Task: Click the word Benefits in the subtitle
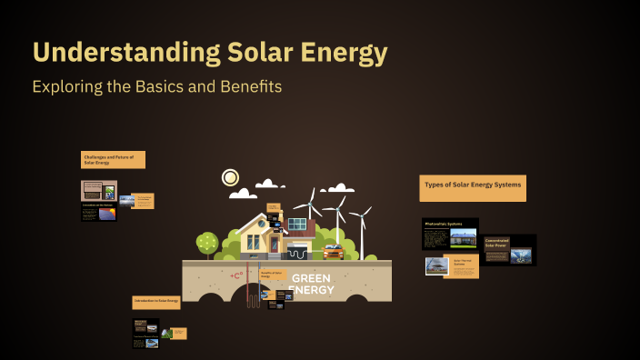(x=245, y=87)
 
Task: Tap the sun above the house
(x=230, y=177)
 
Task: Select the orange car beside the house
(x=333, y=252)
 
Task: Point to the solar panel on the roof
(x=297, y=224)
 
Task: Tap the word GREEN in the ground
(x=311, y=278)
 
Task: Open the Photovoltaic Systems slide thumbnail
(x=450, y=234)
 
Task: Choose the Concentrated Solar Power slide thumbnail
(x=509, y=250)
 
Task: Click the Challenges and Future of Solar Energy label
(x=112, y=160)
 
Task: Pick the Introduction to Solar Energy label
(x=155, y=301)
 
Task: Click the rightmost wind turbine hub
(x=361, y=215)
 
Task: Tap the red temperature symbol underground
(x=237, y=275)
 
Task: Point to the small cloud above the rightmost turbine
(x=340, y=188)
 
